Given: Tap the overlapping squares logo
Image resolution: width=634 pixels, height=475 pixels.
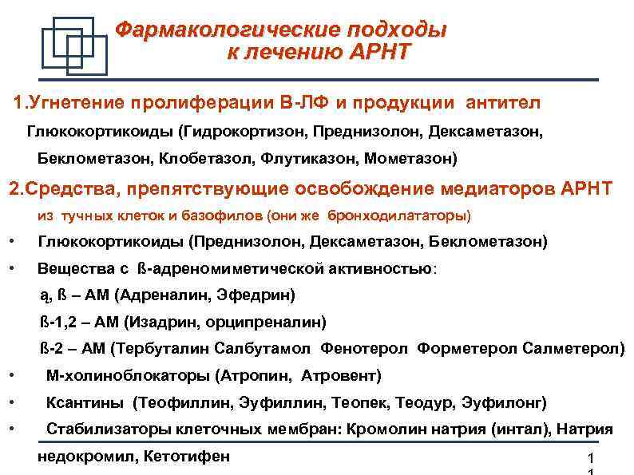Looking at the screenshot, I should (73, 46).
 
